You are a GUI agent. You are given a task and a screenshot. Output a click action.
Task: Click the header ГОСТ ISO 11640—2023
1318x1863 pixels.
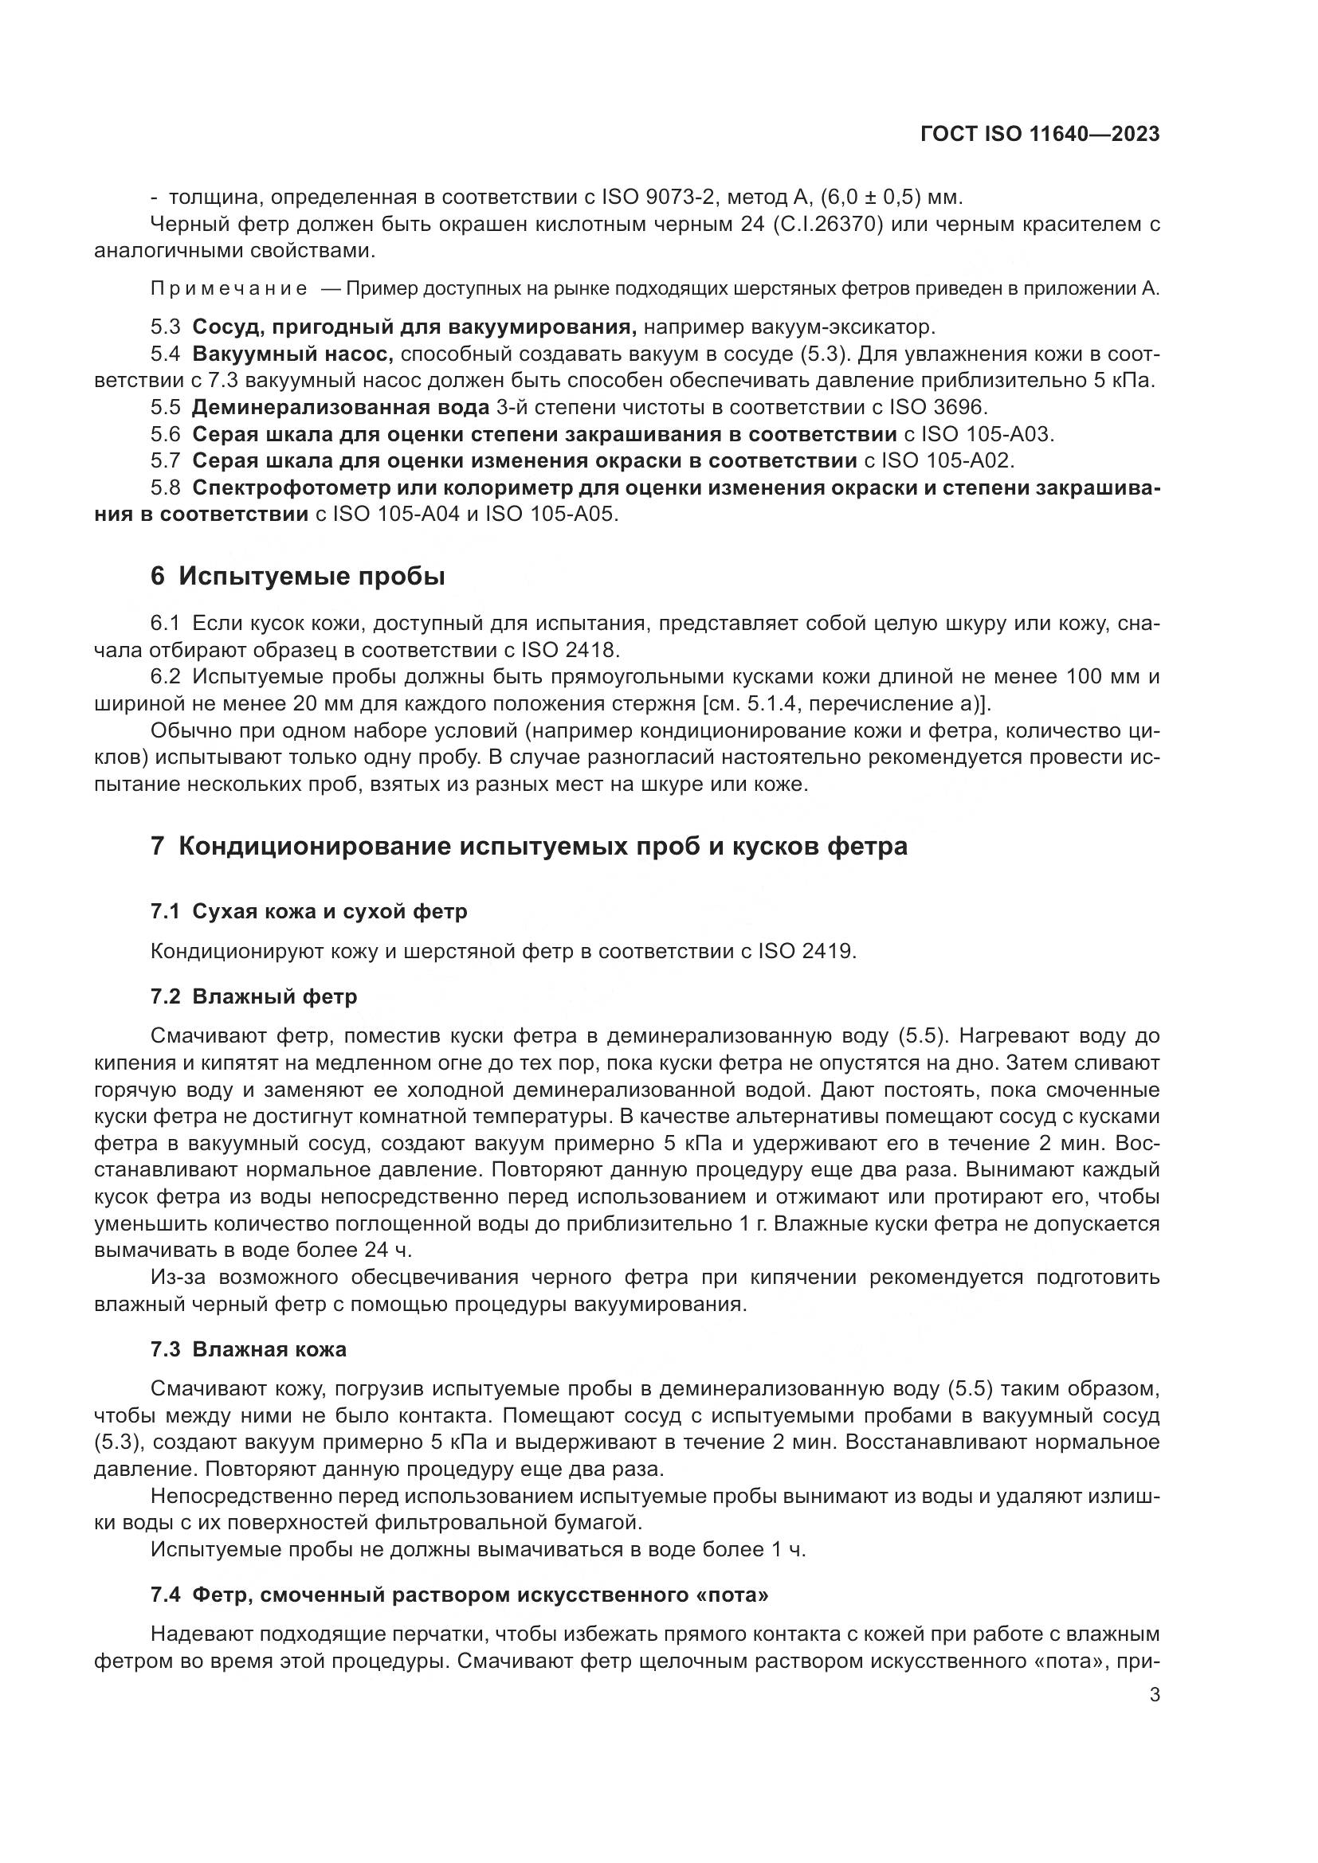click(x=1040, y=135)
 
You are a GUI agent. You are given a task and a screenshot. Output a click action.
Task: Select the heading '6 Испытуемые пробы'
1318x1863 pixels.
click(x=298, y=576)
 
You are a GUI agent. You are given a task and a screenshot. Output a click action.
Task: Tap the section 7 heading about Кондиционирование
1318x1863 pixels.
click(x=528, y=847)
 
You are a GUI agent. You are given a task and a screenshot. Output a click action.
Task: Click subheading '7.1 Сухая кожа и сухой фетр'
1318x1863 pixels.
click(x=308, y=911)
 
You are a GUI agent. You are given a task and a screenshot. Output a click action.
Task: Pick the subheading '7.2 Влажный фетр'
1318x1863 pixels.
click(x=253, y=996)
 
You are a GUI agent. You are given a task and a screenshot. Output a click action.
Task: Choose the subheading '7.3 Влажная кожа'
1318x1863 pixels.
click(x=249, y=1349)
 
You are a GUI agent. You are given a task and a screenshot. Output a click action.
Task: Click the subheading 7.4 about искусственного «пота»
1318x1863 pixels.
click(x=459, y=1595)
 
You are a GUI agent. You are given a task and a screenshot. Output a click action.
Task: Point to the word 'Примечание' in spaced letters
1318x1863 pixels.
click(x=229, y=289)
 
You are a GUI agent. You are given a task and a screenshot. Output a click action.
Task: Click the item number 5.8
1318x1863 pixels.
click(x=166, y=487)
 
